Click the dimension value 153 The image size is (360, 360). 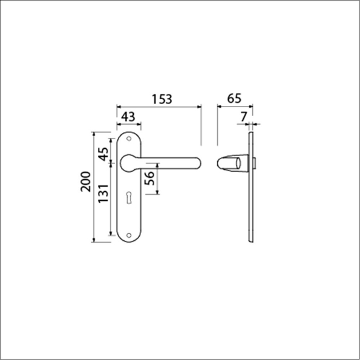tap(162, 99)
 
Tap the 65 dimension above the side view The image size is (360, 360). tap(234, 99)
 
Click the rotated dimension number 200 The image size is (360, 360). tap(85, 183)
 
